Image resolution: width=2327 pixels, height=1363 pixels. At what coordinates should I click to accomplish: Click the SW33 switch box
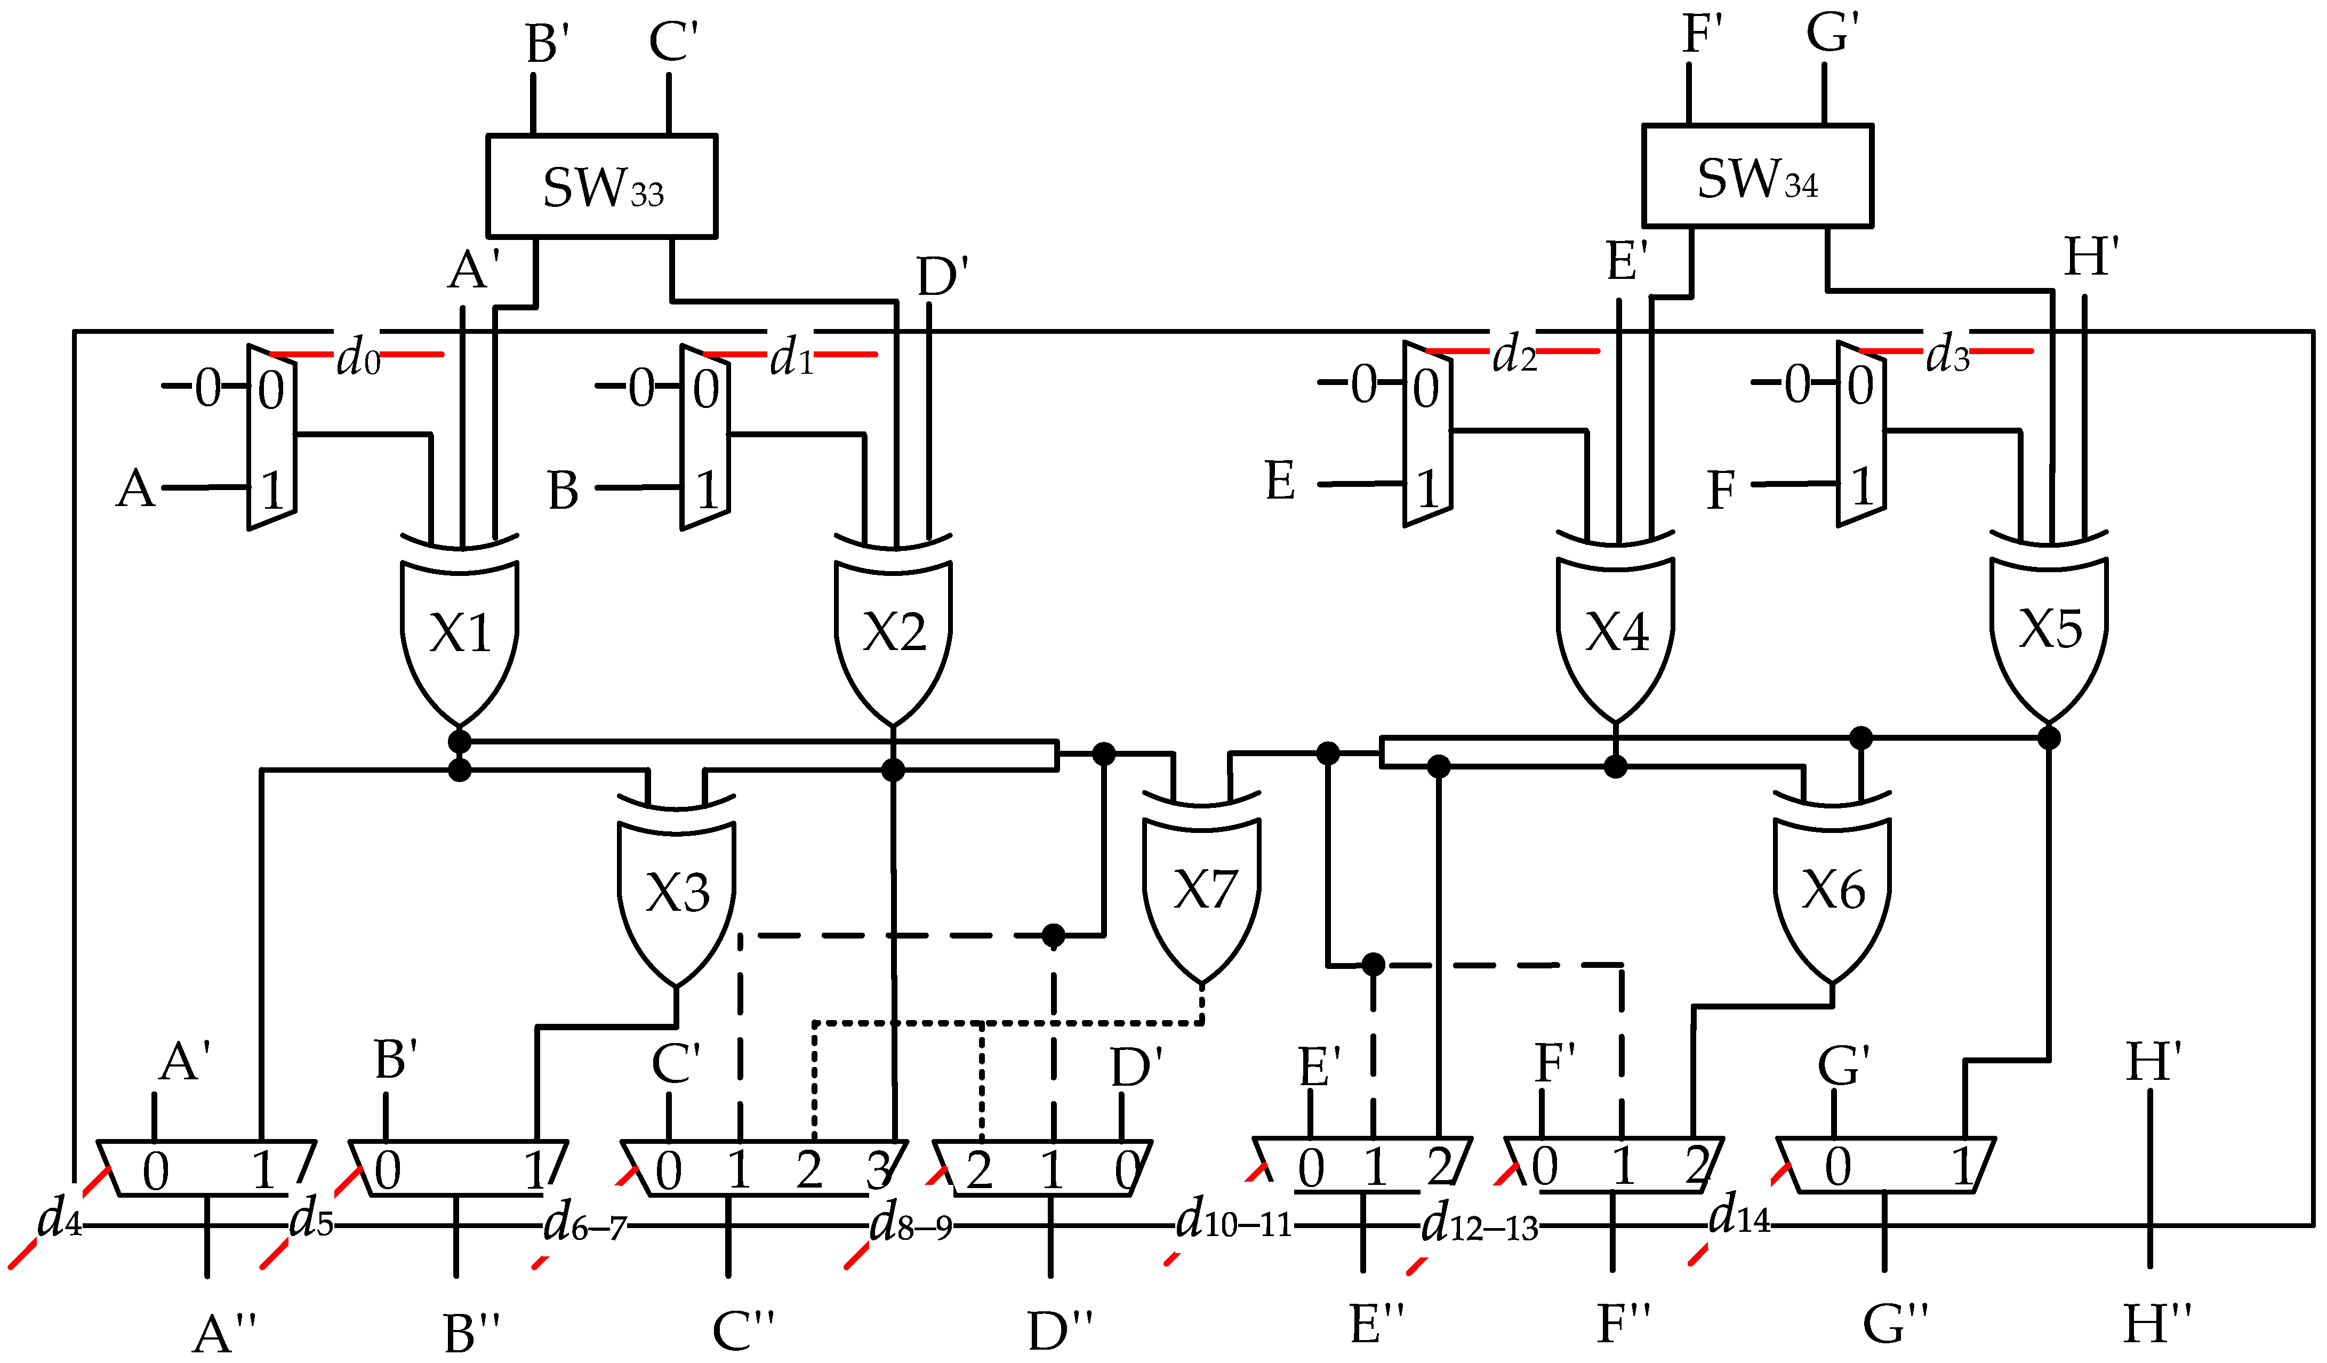[x=601, y=187]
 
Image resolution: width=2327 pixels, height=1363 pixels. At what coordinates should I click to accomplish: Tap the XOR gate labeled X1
[x=459, y=634]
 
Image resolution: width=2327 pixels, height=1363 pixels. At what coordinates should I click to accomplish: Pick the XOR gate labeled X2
[x=893, y=634]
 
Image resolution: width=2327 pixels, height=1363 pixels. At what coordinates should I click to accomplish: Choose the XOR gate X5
[x=2049, y=629]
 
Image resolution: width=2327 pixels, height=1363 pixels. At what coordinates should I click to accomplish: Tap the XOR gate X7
[x=1202, y=889]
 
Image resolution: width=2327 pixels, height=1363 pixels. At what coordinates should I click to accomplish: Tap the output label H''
[x=2156, y=1324]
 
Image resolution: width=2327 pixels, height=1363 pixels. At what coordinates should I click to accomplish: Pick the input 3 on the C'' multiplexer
[x=878, y=1171]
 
